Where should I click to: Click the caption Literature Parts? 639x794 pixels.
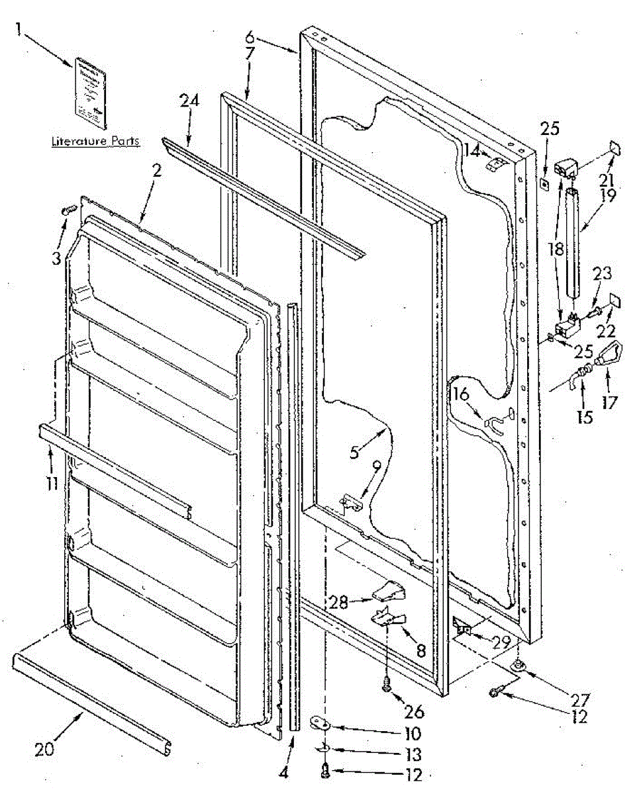click(x=95, y=142)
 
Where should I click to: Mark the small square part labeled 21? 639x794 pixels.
click(x=614, y=150)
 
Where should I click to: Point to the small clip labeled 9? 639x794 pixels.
click(x=352, y=506)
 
